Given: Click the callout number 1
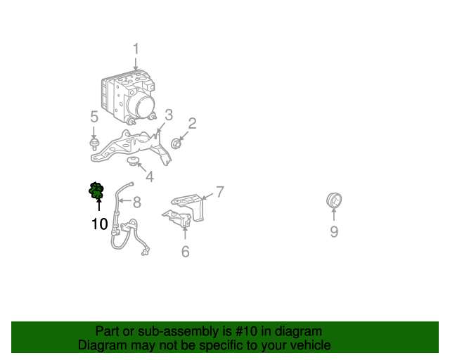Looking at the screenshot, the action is click(x=136, y=49).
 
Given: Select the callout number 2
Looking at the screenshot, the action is click(x=192, y=124).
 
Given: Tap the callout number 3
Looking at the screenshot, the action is click(x=169, y=115).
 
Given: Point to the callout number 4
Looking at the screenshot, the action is click(x=150, y=176).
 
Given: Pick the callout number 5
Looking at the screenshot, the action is click(x=94, y=117).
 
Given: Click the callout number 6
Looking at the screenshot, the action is click(x=186, y=252).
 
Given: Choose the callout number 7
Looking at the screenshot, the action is click(x=220, y=192).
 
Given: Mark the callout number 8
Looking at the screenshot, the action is click(x=137, y=202).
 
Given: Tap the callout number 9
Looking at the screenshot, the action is click(x=334, y=231).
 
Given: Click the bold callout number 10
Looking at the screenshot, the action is click(x=100, y=224).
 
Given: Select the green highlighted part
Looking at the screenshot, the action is click(x=96, y=190).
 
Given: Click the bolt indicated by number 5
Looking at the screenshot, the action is click(x=94, y=144).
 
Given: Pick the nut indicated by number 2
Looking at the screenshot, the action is click(x=175, y=143).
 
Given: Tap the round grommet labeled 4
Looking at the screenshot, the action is click(x=132, y=161).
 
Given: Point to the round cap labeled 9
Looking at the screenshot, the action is click(x=334, y=200).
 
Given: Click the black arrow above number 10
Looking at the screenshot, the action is click(x=99, y=205).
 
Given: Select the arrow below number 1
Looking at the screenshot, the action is click(x=136, y=63).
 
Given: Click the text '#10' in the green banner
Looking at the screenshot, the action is click(x=246, y=331).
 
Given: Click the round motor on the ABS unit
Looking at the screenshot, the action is click(x=141, y=105).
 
